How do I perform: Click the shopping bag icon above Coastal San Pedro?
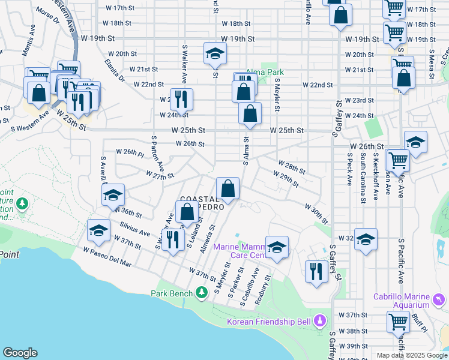click(228, 188)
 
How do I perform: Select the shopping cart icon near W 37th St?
click(398, 322)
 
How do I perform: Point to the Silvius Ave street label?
click(135, 229)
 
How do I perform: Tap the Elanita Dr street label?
click(114, 70)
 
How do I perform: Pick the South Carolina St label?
click(363, 178)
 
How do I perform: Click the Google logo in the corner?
click(20, 353)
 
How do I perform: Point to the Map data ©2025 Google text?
click(411, 355)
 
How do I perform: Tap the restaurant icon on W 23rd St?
click(181, 98)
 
